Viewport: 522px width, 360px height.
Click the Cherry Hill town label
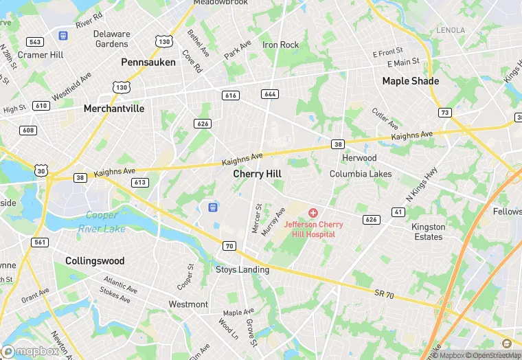(x=257, y=174)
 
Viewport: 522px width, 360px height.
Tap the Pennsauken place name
(x=148, y=62)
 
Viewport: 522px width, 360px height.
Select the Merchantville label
(x=114, y=109)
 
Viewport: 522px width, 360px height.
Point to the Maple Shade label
(x=410, y=81)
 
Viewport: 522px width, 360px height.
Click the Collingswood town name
(x=95, y=261)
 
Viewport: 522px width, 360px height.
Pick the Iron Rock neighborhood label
(x=281, y=45)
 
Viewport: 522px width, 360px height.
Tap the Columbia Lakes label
(x=361, y=174)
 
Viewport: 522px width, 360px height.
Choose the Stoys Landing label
(x=242, y=270)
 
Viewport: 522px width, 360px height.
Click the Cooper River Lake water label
(x=101, y=222)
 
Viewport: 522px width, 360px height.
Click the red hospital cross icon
(x=313, y=214)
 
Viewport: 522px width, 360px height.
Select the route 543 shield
(x=35, y=42)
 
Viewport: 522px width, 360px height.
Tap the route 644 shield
(x=269, y=93)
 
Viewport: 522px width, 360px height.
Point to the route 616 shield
(x=230, y=95)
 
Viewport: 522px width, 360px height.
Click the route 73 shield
(x=445, y=112)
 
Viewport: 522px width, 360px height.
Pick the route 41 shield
(x=398, y=212)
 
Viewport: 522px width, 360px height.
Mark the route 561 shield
(x=40, y=242)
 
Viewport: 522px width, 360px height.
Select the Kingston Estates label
(x=428, y=232)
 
